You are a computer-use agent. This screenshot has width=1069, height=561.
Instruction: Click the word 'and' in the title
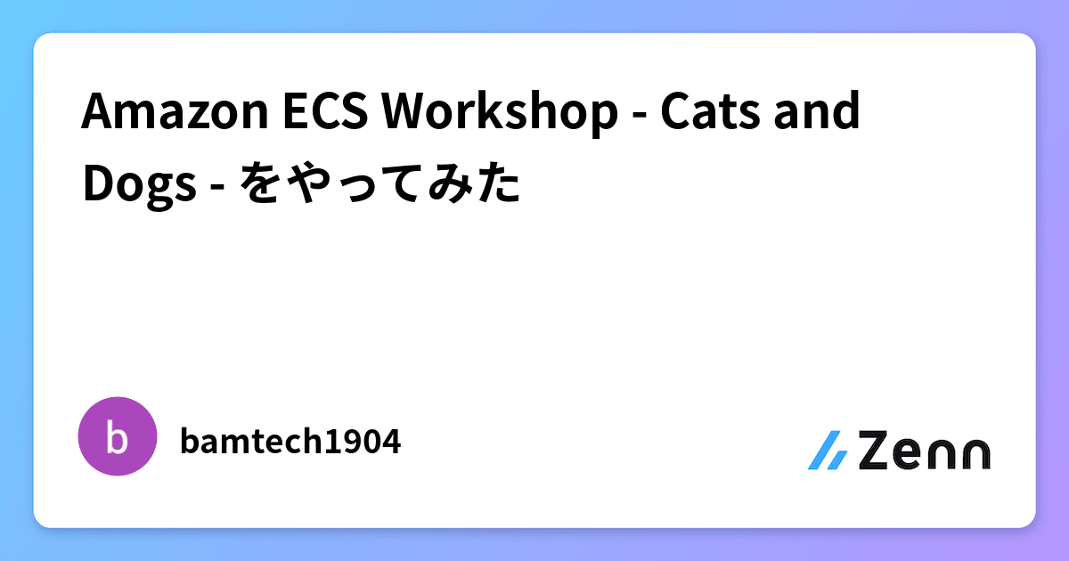click(x=820, y=113)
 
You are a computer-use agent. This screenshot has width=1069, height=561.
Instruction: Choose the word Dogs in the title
click(x=140, y=184)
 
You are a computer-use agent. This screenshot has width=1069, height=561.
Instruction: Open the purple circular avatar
click(x=117, y=436)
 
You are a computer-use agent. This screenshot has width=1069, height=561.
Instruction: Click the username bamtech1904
click(x=290, y=440)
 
